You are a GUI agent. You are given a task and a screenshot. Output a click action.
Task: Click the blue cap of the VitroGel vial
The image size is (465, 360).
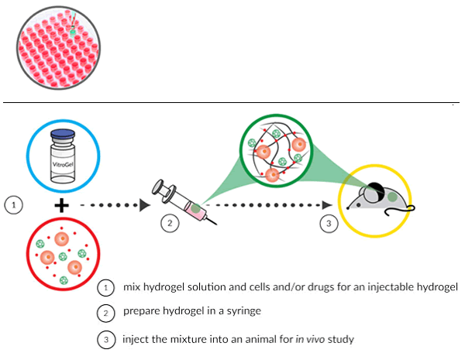(63, 135)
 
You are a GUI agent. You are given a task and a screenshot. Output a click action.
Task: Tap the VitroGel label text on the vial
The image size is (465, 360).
(63, 164)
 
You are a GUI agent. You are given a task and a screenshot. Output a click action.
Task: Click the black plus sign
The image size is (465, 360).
(62, 205)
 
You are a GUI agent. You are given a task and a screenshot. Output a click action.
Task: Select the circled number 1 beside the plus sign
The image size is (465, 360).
(14, 204)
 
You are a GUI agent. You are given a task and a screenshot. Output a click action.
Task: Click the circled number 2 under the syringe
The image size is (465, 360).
(170, 223)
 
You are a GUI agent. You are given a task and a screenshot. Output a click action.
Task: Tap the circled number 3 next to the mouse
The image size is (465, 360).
(329, 223)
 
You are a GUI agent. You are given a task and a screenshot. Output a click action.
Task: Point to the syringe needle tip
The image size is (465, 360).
(216, 224)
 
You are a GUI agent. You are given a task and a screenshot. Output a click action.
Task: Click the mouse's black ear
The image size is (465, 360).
(376, 189)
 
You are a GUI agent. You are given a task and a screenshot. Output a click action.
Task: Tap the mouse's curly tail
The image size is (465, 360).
(401, 211)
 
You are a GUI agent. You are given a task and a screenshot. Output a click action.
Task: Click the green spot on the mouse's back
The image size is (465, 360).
(392, 197)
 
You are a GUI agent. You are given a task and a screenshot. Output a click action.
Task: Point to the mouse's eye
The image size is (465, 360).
(358, 205)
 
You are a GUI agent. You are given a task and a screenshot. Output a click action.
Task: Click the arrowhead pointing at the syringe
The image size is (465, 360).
(145, 205)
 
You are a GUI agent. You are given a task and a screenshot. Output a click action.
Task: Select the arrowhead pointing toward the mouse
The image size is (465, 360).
(327, 205)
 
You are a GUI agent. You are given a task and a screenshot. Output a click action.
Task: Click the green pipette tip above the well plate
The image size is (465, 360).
(72, 27)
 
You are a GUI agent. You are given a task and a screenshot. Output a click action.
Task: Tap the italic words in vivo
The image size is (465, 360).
(310, 339)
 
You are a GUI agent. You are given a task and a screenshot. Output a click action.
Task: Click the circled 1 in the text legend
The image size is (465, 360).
(106, 288)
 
